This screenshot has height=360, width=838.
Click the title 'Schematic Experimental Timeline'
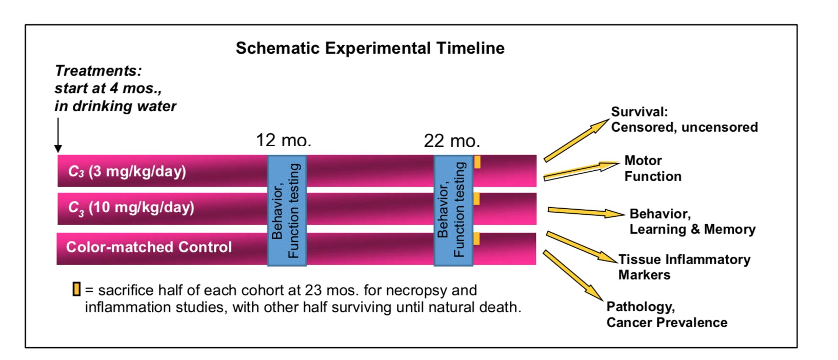(x=370, y=48)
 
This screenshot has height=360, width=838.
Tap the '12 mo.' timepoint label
(x=284, y=141)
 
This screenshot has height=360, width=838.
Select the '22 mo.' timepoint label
(x=452, y=141)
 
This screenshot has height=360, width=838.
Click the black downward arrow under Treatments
(x=58, y=135)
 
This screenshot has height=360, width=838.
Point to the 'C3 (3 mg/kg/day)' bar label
(x=127, y=171)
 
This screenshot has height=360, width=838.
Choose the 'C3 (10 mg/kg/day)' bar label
(x=131, y=208)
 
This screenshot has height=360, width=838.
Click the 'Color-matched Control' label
(x=149, y=247)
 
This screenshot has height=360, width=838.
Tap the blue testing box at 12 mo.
(x=287, y=211)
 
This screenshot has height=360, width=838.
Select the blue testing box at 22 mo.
(x=453, y=211)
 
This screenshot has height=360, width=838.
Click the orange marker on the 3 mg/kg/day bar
(x=477, y=162)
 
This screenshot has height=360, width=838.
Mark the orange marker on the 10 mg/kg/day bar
(x=476, y=198)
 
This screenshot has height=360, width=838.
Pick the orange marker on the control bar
(x=476, y=239)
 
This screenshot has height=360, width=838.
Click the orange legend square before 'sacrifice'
(x=76, y=289)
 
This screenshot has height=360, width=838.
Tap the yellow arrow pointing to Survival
(x=576, y=141)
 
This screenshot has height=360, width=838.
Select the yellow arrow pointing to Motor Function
(x=581, y=171)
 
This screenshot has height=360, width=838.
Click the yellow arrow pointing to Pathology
(x=573, y=275)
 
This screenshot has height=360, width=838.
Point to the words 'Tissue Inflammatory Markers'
(x=684, y=267)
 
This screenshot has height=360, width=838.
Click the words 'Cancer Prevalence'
(x=667, y=323)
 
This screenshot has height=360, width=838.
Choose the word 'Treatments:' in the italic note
(x=98, y=71)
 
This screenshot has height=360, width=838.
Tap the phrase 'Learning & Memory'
(x=692, y=229)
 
